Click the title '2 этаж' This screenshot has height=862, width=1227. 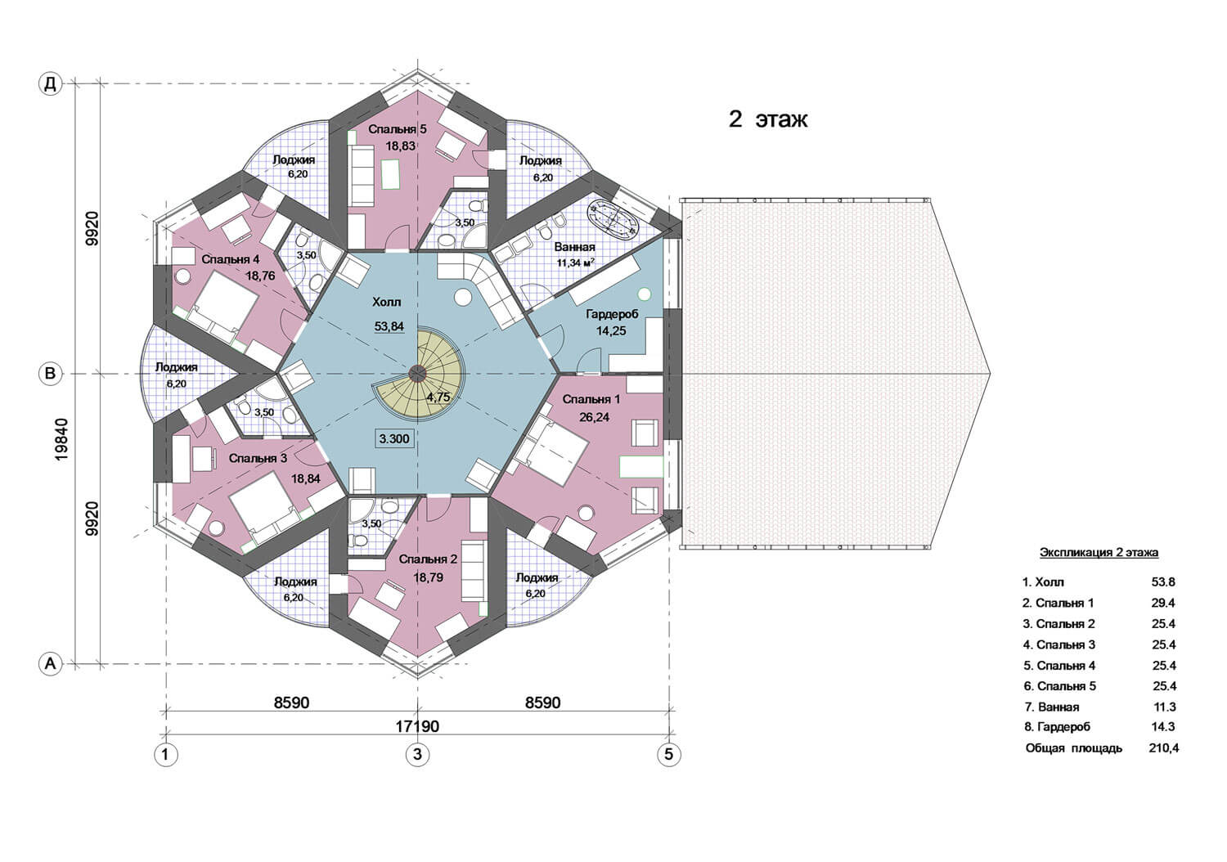(x=767, y=119)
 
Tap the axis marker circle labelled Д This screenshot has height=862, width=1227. (x=51, y=83)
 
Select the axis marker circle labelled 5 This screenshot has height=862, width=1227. (x=668, y=754)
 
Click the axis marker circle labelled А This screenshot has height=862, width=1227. (x=51, y=664)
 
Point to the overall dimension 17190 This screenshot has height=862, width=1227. (x=417, y=726)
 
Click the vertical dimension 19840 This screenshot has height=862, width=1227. (x=62, y=439)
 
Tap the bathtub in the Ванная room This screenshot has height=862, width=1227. (x=613, y=221)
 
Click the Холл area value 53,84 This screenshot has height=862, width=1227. (x=389, y=326)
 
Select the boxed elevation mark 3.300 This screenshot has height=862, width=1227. (x=393, y=438)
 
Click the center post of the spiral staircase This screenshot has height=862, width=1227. (x=417, y=374)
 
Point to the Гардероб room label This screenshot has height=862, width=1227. (x=612, y=315)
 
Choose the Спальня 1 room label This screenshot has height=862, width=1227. (x=591, y=400)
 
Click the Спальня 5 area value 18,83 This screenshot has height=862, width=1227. (x=401, y=146)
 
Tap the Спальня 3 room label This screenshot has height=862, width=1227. (x=258, y=458)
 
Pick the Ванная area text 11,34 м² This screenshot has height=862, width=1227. (x=576, y=263)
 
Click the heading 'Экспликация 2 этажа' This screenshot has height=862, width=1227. (x=1099, y=553)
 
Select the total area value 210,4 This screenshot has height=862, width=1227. (x=1163, y=748)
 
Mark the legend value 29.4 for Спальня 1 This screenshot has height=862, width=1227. (x=1163, y=603)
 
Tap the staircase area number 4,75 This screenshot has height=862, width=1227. (x=438, y=397)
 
